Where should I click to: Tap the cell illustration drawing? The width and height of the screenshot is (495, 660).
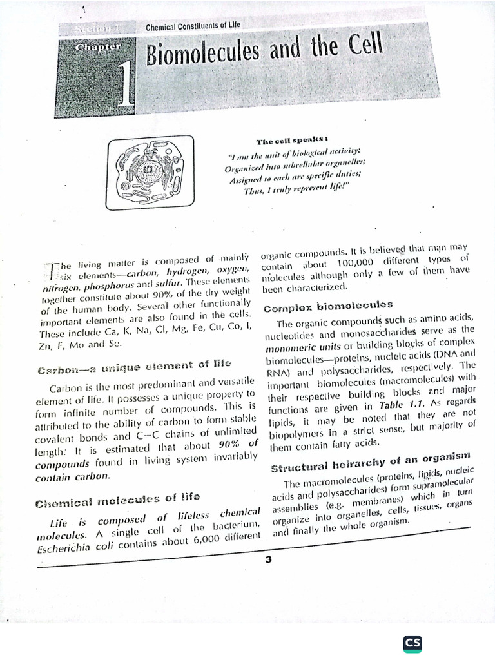pyautogui.click(x=150, y=171)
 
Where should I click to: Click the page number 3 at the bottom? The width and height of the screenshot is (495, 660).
pyautogui.click(x=268, y=559)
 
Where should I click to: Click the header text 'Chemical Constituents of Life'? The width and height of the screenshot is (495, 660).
pyautogui.click(x=193, y=27)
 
